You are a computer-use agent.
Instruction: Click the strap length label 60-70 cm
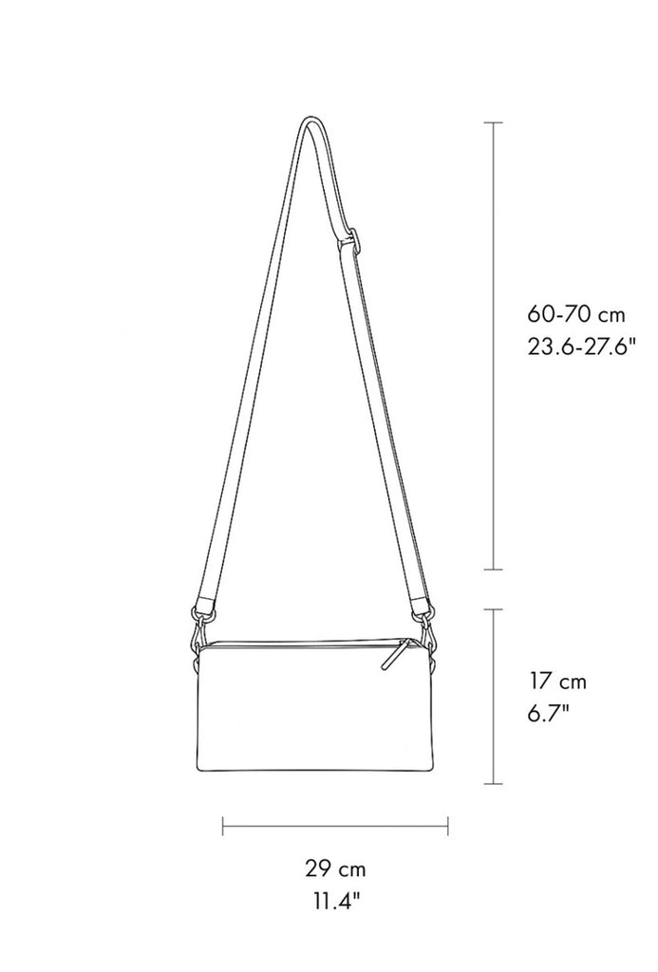(576, 314)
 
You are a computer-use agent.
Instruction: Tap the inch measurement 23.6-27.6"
(582, 346)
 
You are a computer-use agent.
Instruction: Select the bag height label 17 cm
(557, 682)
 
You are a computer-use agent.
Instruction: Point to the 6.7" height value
(549, 714)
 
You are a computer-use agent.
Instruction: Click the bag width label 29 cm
(335, 869)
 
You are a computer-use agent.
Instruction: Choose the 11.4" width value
(335, 901)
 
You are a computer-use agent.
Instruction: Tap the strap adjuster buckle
(350, 241)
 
